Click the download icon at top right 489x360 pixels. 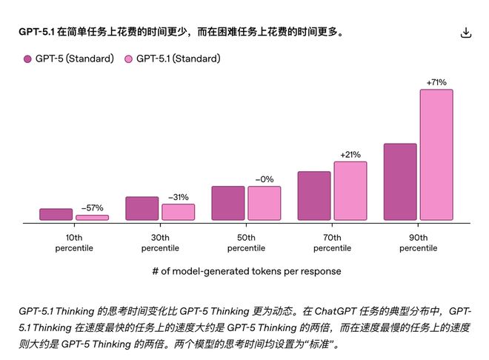pos(465,33)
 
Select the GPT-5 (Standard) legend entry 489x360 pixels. pos(68,59)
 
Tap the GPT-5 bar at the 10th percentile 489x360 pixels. pos(56,214)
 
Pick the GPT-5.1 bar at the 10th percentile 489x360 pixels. pos(92,217)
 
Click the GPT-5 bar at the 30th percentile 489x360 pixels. pos(142,208)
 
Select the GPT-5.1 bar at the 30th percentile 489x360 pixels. pos(178,212)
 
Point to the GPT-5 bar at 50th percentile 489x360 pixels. pos(228,203)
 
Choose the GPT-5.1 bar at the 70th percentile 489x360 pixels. pos(350,190)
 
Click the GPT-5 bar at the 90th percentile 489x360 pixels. pos(400,181)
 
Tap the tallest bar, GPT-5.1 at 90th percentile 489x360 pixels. pos(436,154)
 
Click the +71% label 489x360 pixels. pos(436,82)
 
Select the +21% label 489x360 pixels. pos(350,154)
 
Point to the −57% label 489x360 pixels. pos(92,208)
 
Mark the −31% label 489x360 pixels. pos(178,197)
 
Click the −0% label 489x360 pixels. pos(264,179)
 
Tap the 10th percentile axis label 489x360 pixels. pos(74,242)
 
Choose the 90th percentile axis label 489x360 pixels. pos(418,242)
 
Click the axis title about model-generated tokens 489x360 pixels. pos(246,271)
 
